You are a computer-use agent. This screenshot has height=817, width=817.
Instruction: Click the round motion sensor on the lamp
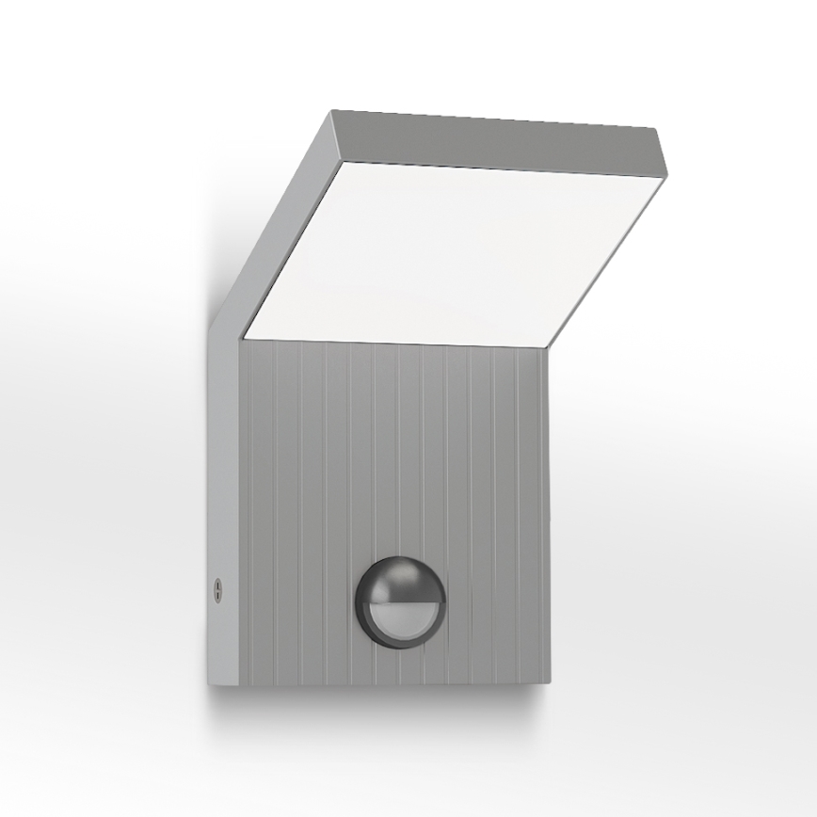[399, 601]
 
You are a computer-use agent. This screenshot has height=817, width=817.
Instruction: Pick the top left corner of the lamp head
[331, 113]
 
